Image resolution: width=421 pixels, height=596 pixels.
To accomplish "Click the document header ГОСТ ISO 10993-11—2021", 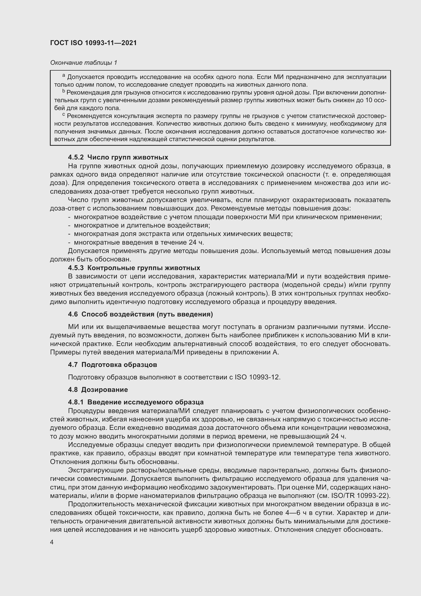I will point(93,43).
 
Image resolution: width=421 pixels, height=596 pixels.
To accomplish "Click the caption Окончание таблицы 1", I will point(83,63).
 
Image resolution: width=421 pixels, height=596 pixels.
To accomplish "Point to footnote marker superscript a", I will point(64,75).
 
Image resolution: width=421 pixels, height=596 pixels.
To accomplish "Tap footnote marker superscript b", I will point(64,91).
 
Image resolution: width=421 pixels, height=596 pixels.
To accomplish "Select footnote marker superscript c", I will point(64,114).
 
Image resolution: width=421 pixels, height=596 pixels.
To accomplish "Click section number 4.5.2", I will point(76,157).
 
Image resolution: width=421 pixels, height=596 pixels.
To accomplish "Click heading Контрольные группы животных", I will point(144,268).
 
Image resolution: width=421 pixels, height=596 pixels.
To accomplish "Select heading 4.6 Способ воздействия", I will point(140,314).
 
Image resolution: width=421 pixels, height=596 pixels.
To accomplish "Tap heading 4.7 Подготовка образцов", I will point(113,365).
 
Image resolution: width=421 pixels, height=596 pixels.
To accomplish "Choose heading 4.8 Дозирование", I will point(98,390).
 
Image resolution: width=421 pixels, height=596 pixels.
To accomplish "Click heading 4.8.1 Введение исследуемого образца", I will point(136,402).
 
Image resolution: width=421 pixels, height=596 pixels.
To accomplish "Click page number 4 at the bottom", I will point(52,542).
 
